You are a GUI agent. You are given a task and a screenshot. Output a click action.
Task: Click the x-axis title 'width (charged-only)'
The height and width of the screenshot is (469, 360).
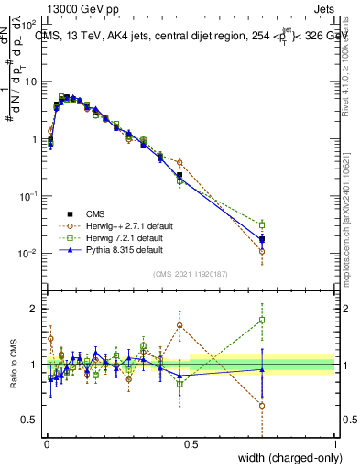point(285,457)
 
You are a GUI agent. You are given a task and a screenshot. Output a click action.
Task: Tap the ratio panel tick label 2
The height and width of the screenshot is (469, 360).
point(37,309)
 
